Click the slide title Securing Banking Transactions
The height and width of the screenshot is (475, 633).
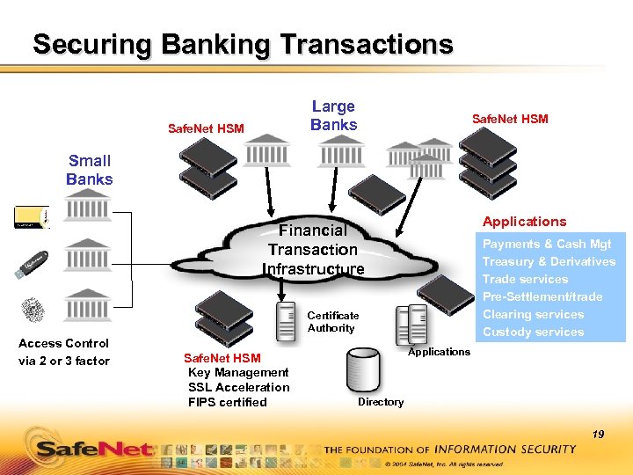pos(243,44)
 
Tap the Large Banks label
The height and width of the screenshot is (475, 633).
pos(333,115)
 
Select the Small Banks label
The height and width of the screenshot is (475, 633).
pos(90,170)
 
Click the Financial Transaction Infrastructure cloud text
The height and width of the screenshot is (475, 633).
pos(313,249)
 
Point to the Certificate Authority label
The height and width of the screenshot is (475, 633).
pos(332,321)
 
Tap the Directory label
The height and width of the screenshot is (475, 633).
pos(381,402)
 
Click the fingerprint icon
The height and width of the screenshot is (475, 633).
pos(33,311)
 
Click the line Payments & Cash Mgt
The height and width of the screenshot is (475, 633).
pos(547,244)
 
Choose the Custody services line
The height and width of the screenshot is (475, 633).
pos(533,332)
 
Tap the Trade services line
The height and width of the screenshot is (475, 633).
pos(525,279)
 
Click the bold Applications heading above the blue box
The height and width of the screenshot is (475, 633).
pos(524,222)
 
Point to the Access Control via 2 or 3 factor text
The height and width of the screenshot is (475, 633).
pos(64,352)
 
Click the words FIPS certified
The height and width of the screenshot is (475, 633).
pos(227,402)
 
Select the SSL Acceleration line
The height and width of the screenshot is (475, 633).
pos(238,387)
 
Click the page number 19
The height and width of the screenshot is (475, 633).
pos(598,434)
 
